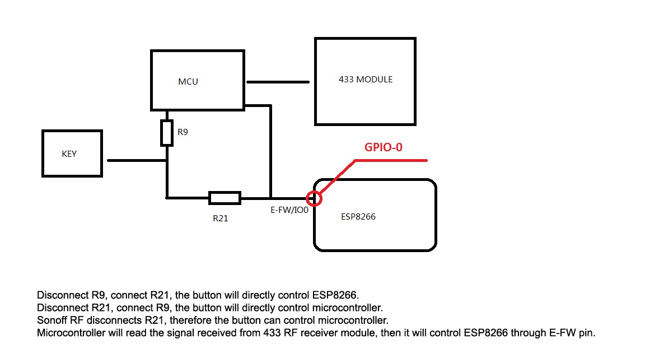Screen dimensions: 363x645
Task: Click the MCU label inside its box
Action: click(x=188, y=81)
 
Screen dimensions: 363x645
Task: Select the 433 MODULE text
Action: click(x=365, y=80)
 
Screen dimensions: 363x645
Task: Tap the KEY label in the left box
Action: click(x=69, y=154)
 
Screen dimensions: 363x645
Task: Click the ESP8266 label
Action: click(x=358, y=216)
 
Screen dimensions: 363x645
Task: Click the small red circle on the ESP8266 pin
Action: click(x=314, y=198)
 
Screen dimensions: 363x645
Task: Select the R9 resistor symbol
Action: click(x=167, y=133)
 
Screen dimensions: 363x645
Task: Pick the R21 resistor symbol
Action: click(x=225, y=198)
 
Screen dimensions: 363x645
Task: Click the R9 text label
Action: click(x=183, y=133)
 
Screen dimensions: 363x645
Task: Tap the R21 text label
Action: click(x=221, y=218)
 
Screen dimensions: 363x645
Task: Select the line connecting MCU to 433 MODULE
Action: click(x=278, y=82)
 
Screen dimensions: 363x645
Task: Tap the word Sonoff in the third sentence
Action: click(x=51, y=320)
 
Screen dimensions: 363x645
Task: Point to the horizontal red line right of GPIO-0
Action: click(x=392, y=161)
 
